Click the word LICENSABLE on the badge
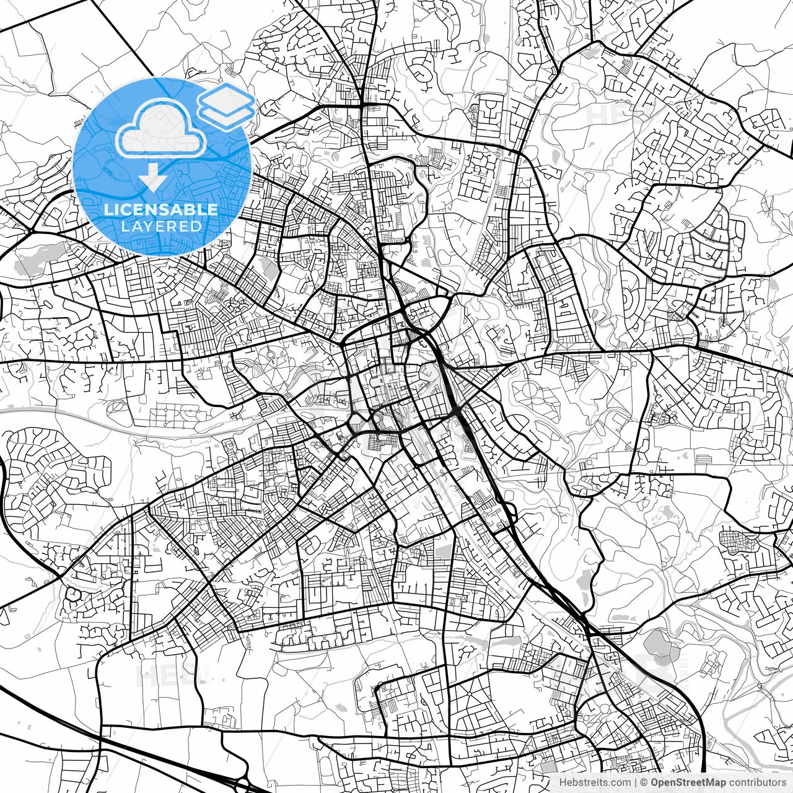pyautogui.click(x=160, y=209)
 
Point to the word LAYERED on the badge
pyautogui.click(x=161, y=227)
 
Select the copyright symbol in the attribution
pyautogui.click(x=645, y=782)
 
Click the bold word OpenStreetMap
pyautogui.click(x=688, y=782)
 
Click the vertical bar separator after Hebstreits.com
pyautogui.click(x=636, y=782)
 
